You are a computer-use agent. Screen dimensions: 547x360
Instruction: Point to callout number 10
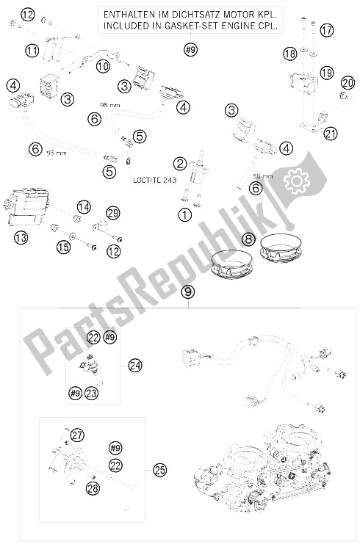pos(102,65)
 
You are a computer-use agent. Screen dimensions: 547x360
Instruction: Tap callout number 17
pos(326,30)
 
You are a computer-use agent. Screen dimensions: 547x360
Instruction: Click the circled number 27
pos(77,434)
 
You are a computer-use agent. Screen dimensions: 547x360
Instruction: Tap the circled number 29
pos(112,212)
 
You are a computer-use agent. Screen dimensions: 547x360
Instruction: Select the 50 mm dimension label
pos(262,177)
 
